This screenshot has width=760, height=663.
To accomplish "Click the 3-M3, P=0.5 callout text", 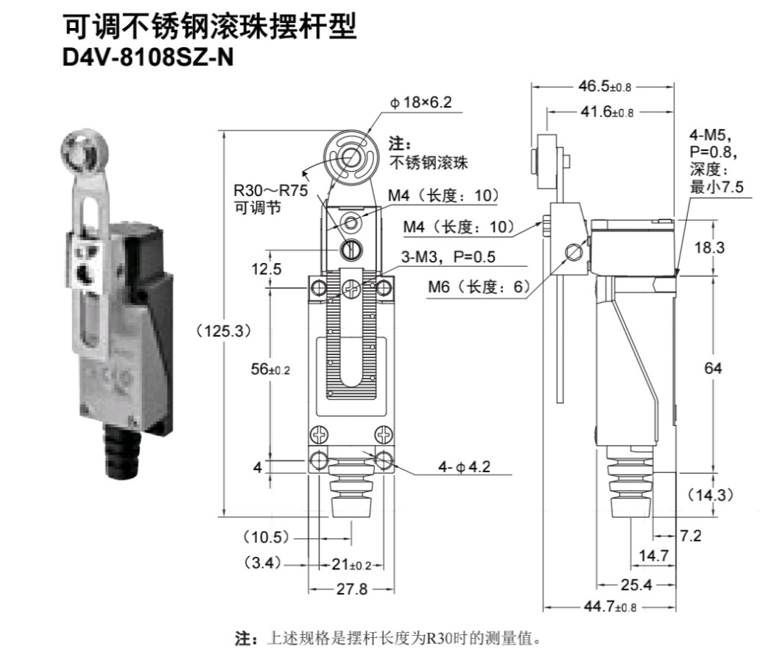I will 448,256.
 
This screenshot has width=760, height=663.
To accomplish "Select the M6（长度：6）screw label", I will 479,287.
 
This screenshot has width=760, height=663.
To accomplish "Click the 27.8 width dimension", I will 351,589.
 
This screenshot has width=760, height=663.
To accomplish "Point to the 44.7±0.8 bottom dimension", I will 608,607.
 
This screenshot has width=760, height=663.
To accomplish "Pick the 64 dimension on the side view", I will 713,368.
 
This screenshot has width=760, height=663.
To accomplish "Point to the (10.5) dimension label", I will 266,536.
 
